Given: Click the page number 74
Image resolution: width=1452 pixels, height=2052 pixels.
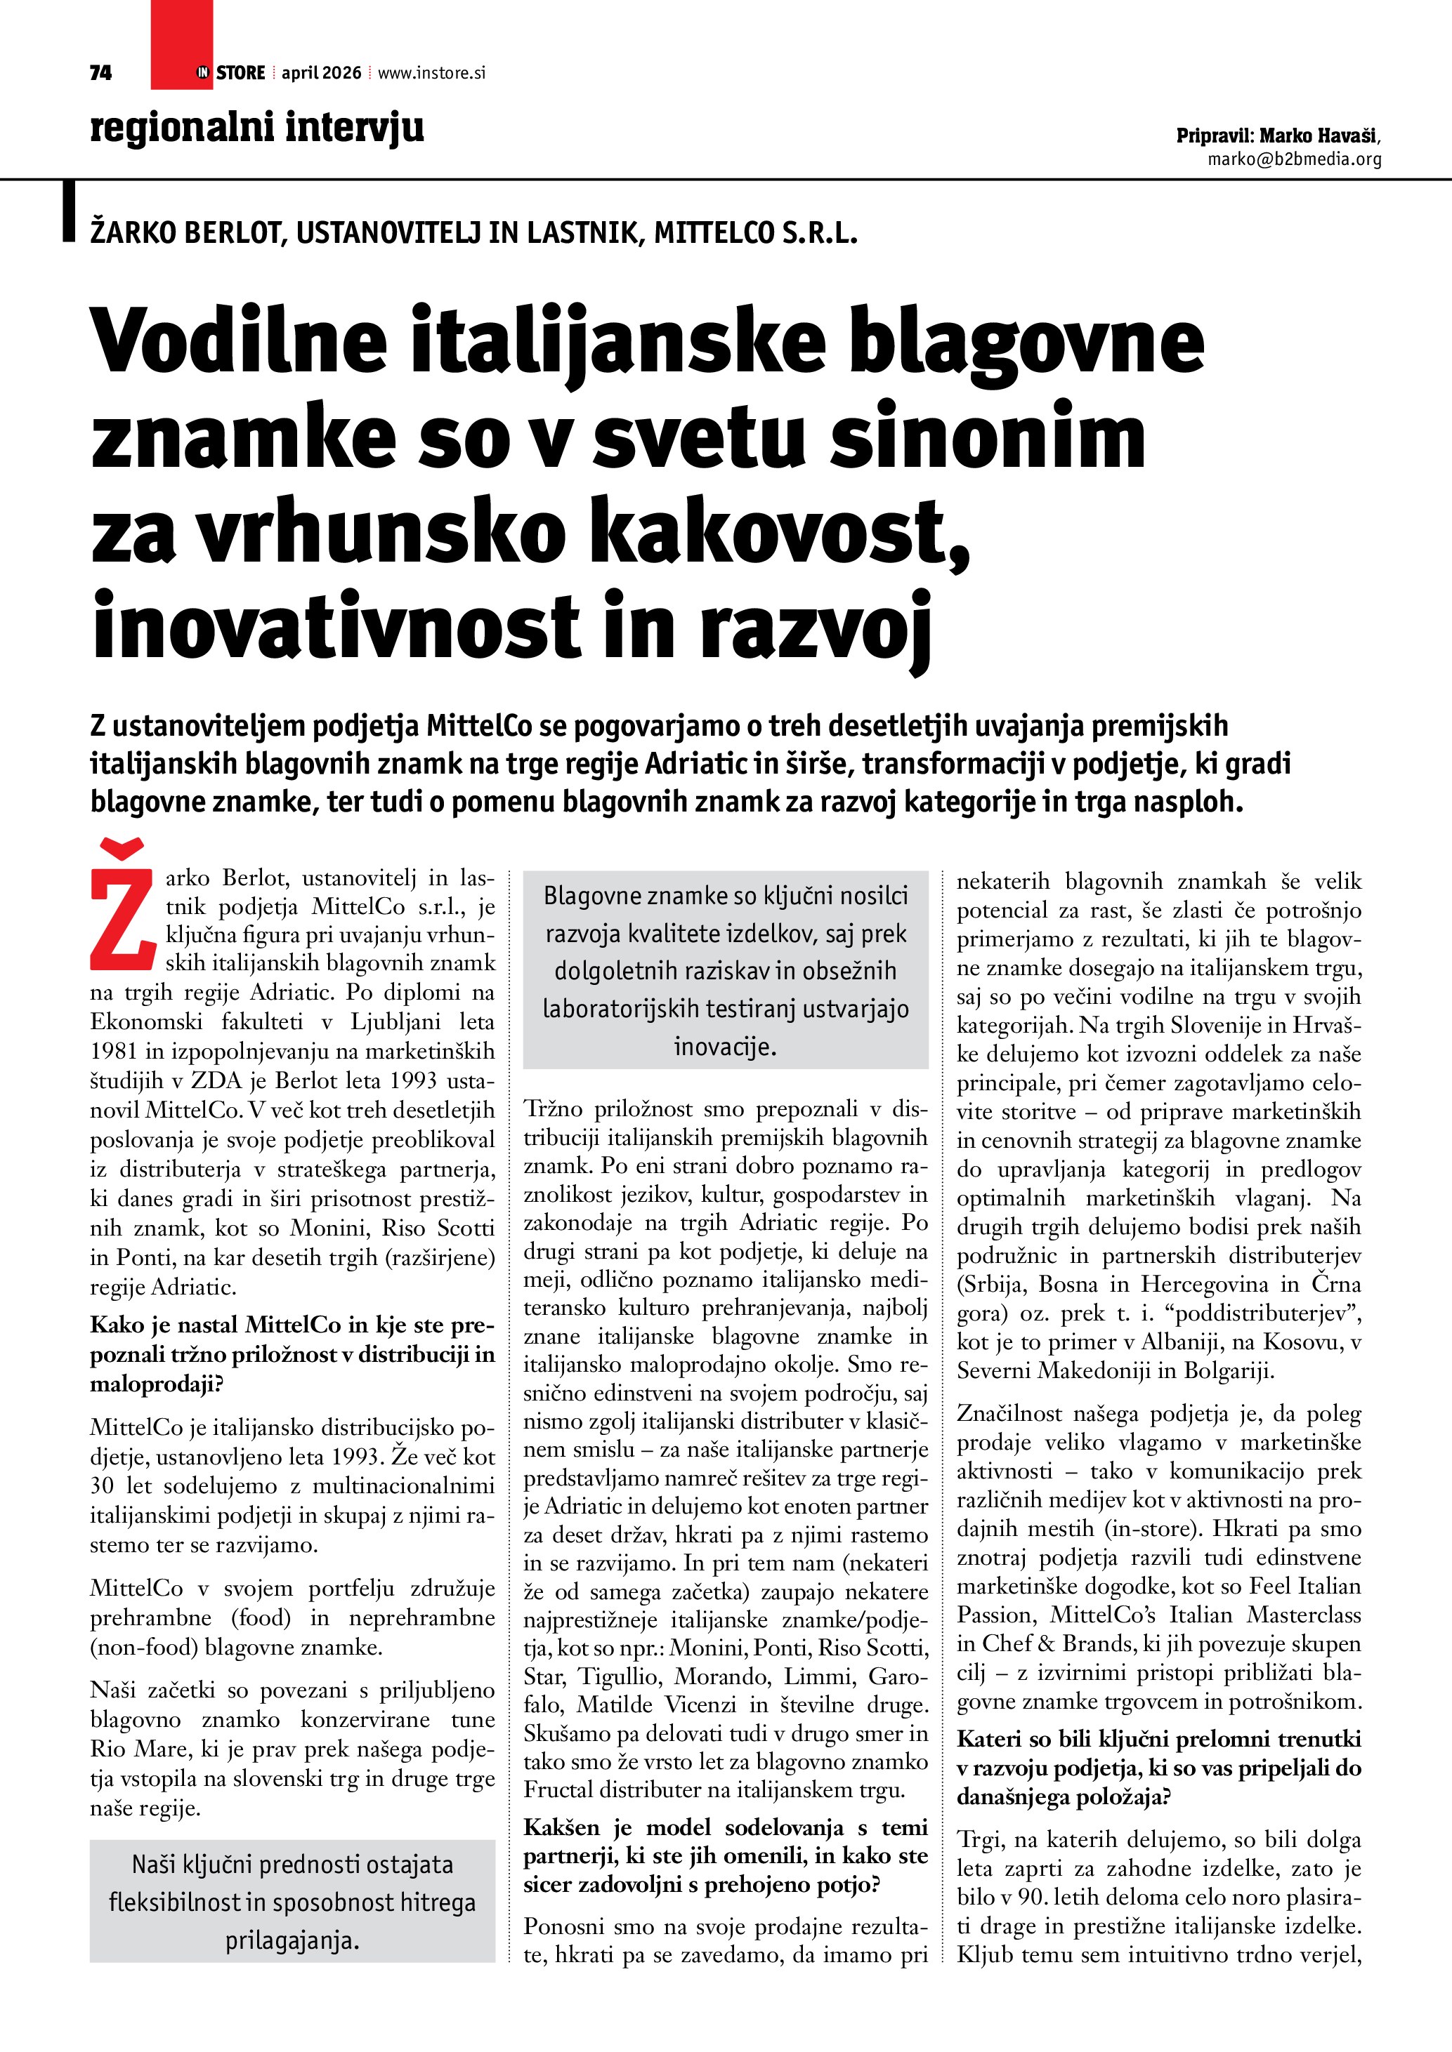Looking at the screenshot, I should [x=100, y=72].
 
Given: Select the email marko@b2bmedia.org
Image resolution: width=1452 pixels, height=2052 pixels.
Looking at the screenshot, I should [x=1294, y=159].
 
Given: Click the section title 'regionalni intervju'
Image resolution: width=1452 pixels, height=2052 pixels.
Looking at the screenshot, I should [x=256, y=127].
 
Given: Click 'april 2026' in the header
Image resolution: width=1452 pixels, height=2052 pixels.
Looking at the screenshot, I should [x=321, y=72].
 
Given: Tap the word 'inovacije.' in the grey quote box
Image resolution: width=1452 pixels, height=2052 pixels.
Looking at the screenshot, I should [x=725, y=1047].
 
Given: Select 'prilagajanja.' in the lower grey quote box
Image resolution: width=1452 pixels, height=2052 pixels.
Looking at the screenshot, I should [x=292, y=1940].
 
